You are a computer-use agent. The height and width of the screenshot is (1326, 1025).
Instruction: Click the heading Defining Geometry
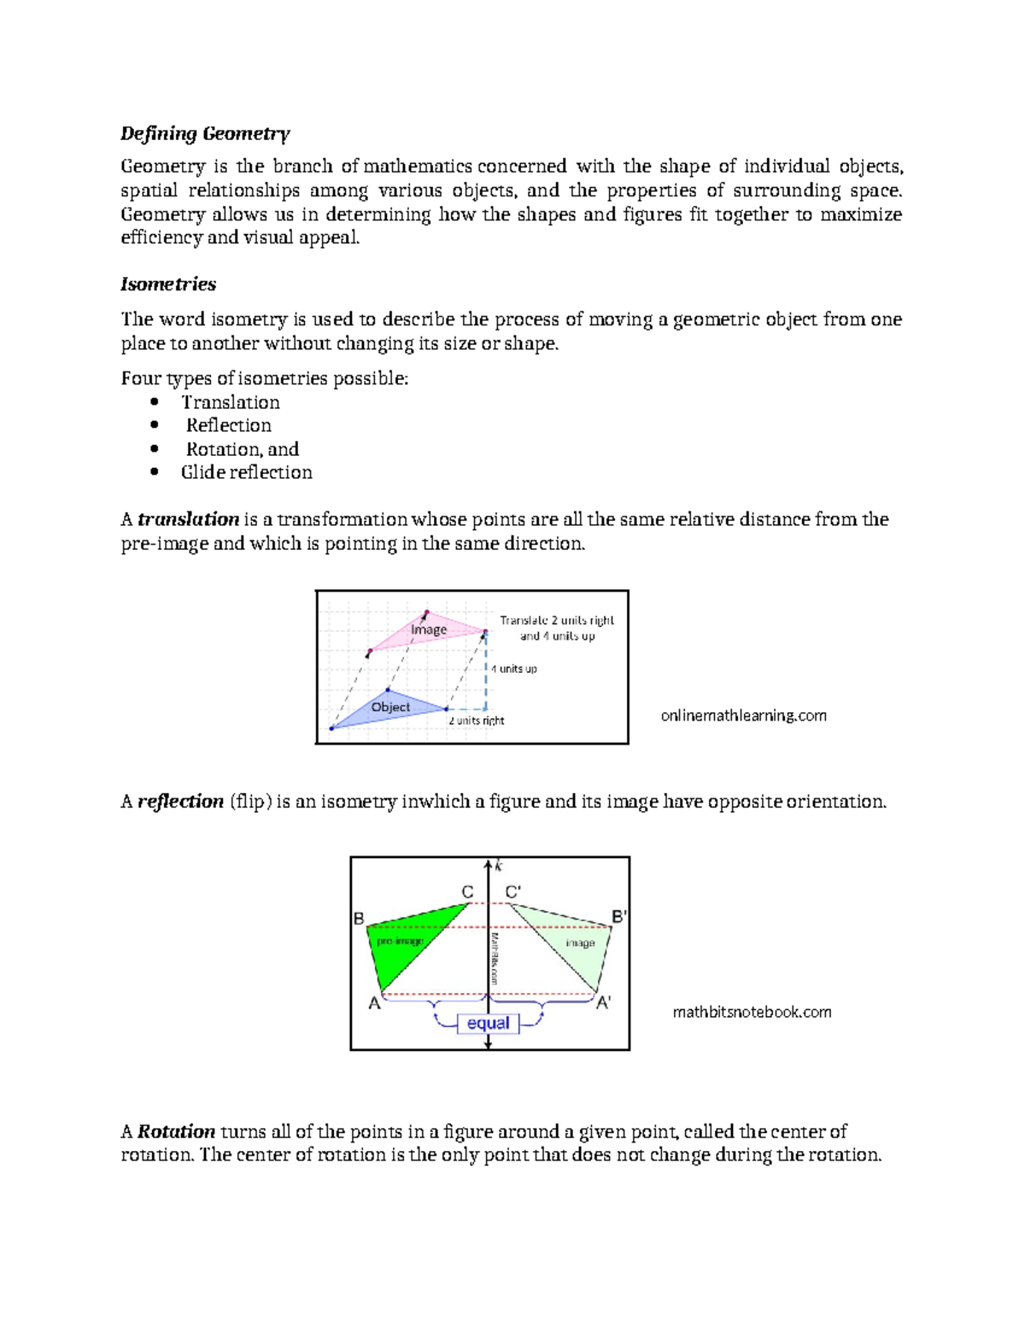(205, 133)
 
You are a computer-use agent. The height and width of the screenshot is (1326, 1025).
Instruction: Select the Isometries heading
(168, 284)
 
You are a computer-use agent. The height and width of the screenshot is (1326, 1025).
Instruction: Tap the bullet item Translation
(230, 402)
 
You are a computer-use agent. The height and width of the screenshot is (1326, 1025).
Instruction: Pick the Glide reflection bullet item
(246, 472)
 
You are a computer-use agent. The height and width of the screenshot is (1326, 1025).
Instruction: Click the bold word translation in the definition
(188, 519)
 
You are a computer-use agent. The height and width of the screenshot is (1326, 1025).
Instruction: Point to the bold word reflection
(180, 801)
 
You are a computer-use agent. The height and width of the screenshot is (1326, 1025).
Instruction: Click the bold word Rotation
(177, 1131)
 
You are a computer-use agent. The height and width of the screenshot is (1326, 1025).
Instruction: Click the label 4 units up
(514, 669)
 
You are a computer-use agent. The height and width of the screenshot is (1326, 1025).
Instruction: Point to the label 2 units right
(477, 721)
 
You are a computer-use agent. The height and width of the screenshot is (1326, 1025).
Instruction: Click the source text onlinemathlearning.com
(743, 716)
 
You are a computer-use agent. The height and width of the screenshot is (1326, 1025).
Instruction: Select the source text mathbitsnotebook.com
(752, 1012)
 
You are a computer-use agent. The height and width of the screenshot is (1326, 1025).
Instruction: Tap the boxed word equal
(488, 1023)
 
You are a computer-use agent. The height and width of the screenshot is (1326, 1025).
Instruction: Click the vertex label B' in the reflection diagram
(619, 917)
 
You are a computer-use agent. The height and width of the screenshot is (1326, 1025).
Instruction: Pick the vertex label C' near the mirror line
(513, 892)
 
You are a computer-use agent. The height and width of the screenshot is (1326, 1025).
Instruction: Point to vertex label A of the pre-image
(374, 1004)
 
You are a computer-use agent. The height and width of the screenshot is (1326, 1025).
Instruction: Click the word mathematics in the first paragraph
(418, 166)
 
